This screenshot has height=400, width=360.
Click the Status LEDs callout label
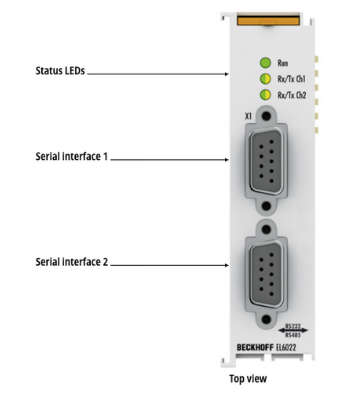point(60,71)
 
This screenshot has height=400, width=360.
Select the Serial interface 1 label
point(72,156)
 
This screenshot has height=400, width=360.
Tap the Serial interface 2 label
point(72,262)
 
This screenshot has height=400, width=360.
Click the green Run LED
point(265,63)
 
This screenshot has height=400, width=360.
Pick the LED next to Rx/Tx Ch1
point(265,79)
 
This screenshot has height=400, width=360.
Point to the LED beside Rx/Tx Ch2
point(265,95)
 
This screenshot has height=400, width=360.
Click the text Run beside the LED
point(283,63)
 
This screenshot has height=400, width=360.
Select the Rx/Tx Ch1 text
point(291,79)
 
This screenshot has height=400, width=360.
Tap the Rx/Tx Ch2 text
point(292,95)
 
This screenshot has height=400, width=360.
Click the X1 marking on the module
point(248,116)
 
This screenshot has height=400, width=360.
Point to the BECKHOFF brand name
point(255,347)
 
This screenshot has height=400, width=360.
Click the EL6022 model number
point(286,347)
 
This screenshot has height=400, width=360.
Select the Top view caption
point(248,379)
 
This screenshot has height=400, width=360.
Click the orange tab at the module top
point(268,19)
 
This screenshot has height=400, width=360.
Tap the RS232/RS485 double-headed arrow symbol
point(293,330)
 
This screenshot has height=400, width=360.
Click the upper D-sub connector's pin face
point(266,161)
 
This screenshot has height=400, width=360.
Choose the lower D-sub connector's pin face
point(266,275)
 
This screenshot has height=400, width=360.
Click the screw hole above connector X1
point(266,116)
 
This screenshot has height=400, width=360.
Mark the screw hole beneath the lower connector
point(266,320)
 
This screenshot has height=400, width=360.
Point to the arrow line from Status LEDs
point(158,74)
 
